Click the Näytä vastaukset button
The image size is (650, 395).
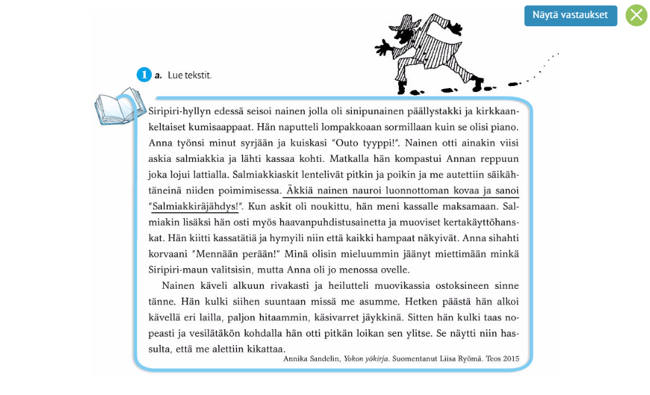tap(570, 15)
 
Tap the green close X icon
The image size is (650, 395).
tap(636, 15)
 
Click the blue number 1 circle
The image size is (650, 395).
tap(144, 75)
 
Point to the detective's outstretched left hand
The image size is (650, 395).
tap(385, 48)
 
